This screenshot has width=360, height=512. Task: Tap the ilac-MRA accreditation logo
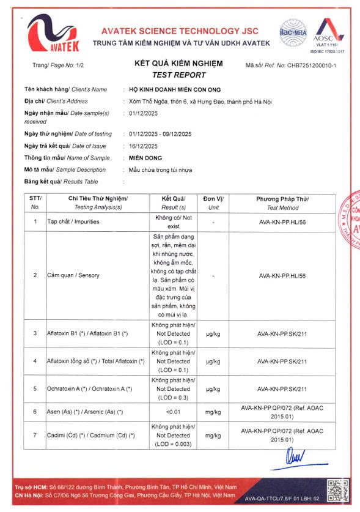point(293,31)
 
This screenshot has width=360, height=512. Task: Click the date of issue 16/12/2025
point(144,146)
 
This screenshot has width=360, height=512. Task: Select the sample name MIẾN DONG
point(145,158)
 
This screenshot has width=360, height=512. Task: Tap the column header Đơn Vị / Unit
point(213,203)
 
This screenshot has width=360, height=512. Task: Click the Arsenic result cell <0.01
point(174,412)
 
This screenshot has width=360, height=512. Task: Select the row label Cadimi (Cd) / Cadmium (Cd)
point(90,435)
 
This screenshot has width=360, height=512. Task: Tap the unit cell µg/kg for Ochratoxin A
point(213,389)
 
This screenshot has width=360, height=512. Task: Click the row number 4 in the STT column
point(35,362)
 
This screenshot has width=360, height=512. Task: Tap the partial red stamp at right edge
point(353,226)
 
